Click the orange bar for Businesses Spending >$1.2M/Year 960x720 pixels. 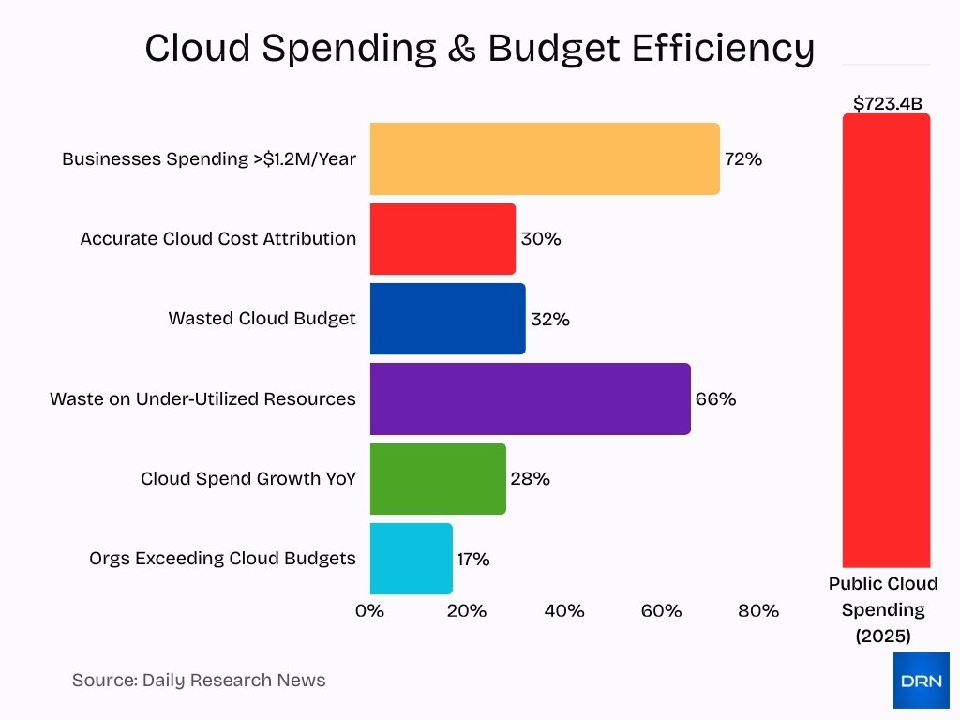[x=544, y=158]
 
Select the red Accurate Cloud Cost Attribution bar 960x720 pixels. [x=442, y=239]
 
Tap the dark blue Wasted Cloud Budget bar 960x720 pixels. [x=447, y=319]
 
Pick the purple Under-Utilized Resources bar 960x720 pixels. [x=530, y=398]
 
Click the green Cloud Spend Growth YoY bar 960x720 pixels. [x=438, y=479]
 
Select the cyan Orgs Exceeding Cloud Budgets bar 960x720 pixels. [x=411, y=559]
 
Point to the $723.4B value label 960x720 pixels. [x=886, y=103]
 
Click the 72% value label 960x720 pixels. [x=743, y=159]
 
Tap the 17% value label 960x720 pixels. [x=473, y=560]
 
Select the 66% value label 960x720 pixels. [x=715, y=399]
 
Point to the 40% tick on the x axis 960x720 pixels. [x=563, y=611]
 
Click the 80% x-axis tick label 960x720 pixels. [x=757, y=611]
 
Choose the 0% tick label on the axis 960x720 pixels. [x=370, y=611]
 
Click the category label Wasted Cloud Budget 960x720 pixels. [x=262, y=319]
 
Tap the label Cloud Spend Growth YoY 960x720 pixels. [x=248, y=479]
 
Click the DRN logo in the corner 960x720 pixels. [x=921, y=681]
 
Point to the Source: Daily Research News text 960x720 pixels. [x=199, y=681]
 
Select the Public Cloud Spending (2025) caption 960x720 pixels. [x=883, y=609]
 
